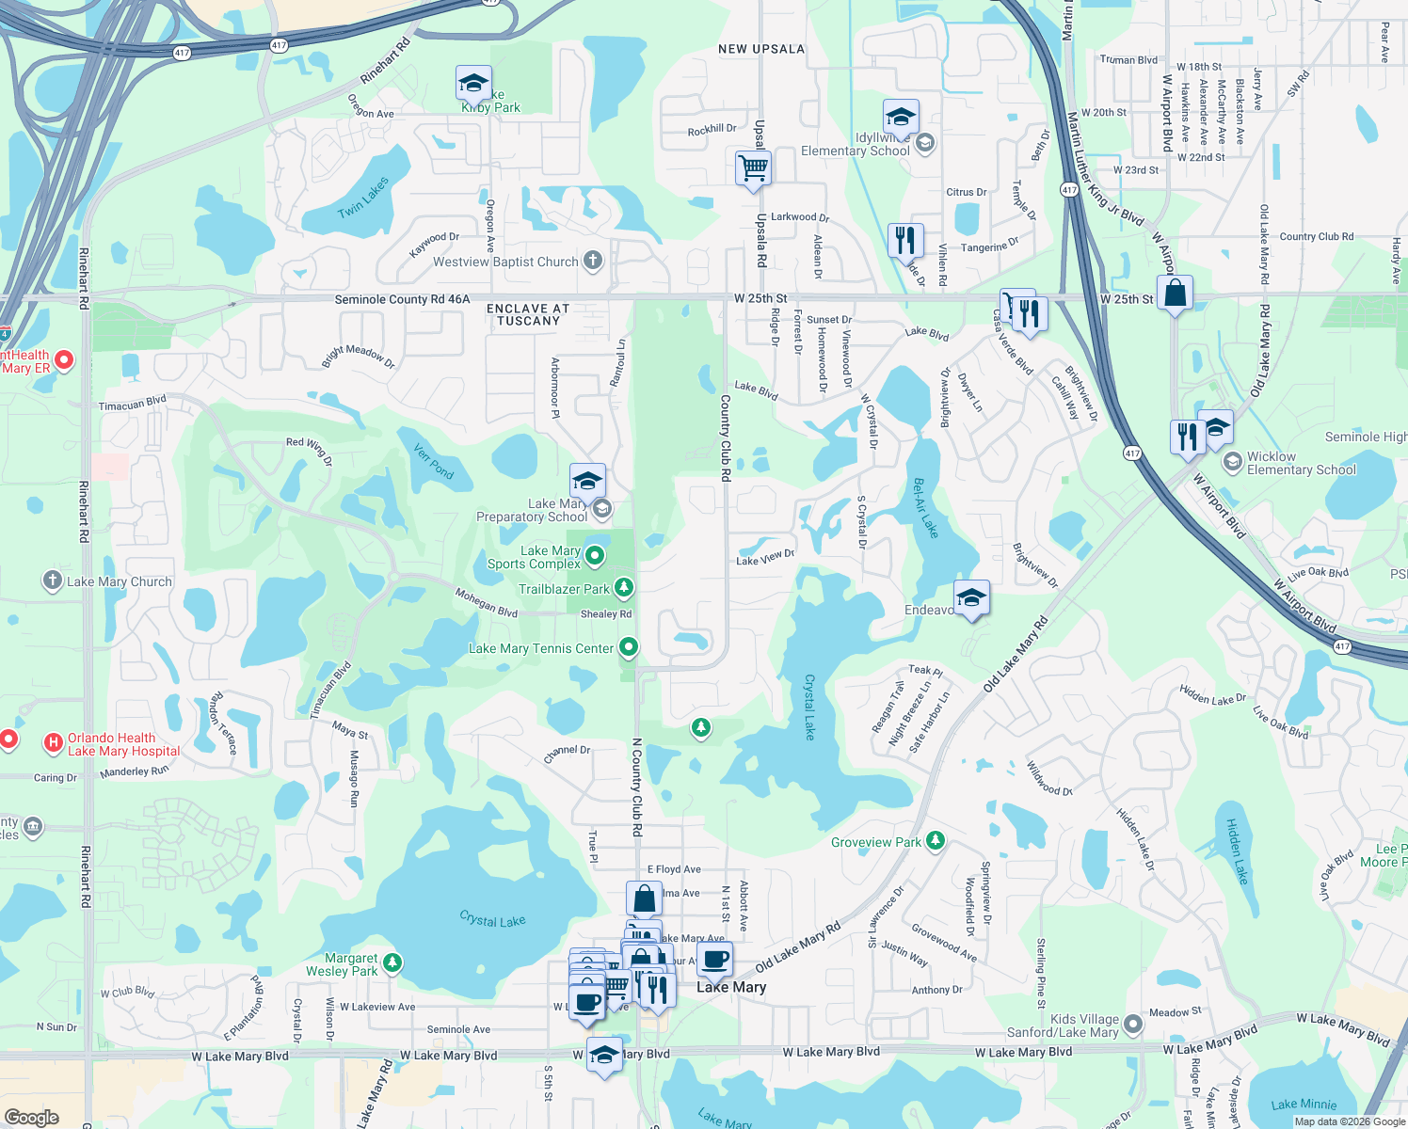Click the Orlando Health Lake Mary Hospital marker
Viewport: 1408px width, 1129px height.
(54, 744)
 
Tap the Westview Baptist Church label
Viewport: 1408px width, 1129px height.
(505, 262)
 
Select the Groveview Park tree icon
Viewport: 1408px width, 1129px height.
(935, 841)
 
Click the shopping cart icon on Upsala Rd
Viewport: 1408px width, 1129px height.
(753, 169)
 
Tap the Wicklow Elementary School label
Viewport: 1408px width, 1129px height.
(1301, 463)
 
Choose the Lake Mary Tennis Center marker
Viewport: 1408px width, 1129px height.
(629, 647)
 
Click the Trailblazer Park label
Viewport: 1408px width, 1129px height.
(564, 589)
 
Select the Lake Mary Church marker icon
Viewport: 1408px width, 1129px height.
(53, 580)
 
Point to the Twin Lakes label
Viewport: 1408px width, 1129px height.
(363, 198)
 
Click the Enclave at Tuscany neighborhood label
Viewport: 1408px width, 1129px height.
(528, 314)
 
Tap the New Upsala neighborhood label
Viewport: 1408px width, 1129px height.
(761, 49)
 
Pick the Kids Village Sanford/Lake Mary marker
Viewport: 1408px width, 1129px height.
(1132, 1024)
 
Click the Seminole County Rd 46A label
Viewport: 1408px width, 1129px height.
(402, 299)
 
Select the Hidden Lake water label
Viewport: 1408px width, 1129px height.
(1237, 851)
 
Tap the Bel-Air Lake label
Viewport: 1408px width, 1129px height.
(925, 508)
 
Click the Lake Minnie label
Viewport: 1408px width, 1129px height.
(1304, 1104)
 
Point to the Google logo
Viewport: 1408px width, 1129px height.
(31, 1118)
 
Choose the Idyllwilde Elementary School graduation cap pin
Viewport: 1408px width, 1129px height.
(901, 119)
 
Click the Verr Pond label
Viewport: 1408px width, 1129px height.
(434, 462)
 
